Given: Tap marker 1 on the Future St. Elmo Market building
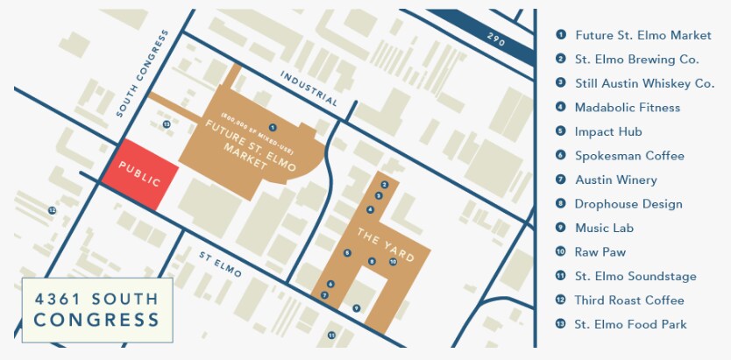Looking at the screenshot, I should click(273, 128).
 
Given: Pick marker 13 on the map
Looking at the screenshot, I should click(166, 125).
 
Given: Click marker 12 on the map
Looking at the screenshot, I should click(52, 211).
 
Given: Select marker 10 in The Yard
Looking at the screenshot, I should click(393, 262).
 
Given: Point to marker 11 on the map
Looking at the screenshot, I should click(331, 335).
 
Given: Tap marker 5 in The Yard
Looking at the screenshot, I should click(347, 253).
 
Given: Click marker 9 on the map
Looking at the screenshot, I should click(356, 308).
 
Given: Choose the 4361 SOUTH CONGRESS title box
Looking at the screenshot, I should click(96, 309).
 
